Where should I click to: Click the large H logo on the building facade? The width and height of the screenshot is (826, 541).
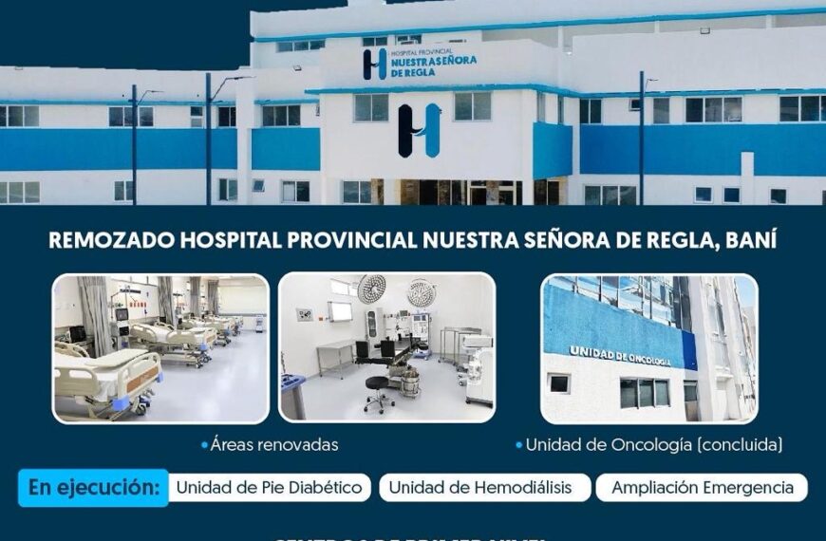(420, 130)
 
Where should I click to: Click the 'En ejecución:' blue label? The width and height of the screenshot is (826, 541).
(93, 488)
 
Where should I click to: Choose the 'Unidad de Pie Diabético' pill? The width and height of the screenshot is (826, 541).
(270, 488)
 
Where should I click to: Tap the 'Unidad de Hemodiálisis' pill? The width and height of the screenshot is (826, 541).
(480, 488)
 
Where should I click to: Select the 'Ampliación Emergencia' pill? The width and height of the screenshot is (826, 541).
(702, 488)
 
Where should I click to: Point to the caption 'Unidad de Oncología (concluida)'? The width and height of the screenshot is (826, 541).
(654, 444)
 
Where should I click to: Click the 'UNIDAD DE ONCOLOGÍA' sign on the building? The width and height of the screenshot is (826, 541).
(619, 356)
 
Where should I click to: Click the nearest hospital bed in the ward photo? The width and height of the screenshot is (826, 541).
(104, 380)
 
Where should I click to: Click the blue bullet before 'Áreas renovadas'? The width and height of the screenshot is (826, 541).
(204, 444)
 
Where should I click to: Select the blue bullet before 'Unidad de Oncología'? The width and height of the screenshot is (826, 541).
(518, 444)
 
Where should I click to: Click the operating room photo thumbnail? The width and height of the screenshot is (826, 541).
(386, 347)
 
